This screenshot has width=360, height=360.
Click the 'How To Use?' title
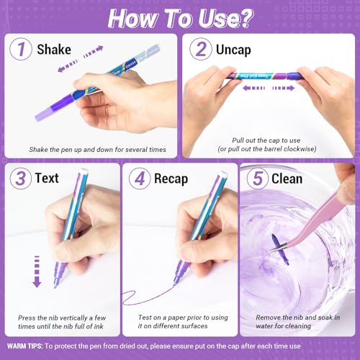pos(180,16)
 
